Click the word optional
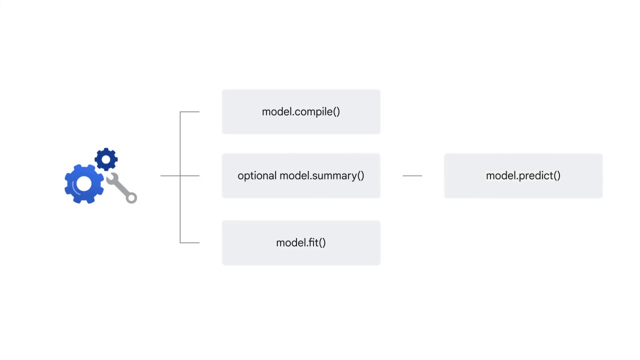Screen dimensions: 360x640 tap(256, 176)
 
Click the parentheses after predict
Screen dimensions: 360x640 tap(556, 176)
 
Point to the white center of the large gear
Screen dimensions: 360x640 tap(83, 184)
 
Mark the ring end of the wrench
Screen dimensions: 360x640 tap(131, 198)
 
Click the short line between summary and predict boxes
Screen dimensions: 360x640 tap(412, 176)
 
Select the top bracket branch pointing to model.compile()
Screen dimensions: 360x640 tap(190, 112)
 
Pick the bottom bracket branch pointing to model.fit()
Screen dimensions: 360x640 tap(190, 243)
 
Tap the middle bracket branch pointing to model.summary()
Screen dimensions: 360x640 tap(190, 176)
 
